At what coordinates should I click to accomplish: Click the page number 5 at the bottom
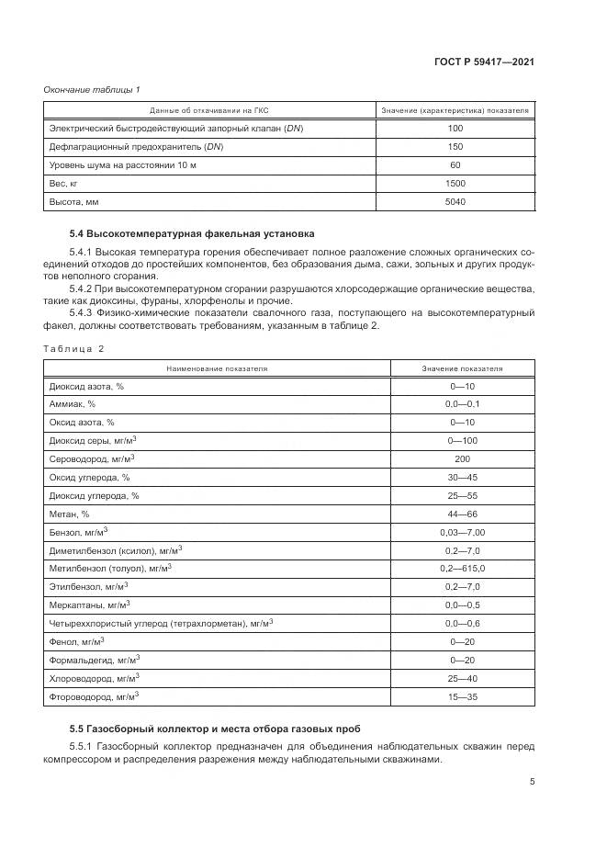pyautogui.click(x=532, y=783)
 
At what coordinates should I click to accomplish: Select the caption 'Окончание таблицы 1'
pyautogui.click(x=92, y=89)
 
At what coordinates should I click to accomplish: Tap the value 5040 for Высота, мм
pyautogui.click(x=455, y=201)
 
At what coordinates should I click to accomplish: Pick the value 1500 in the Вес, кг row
pyautogui.click(x=455, y=183)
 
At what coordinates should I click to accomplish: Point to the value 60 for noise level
pyautogui.click(x=455, y=165)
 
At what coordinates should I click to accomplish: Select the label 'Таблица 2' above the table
pyautogui.click(x=74, y=348)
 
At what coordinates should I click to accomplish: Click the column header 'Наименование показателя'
pyautogui.click(x=217, y=368)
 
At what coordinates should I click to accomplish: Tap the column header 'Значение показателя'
pyautogui.click(x=462, y=368)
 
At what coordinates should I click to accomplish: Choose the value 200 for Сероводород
pyautogui.click(x=462, y=458)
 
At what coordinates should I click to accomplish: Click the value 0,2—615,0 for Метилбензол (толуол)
pyautogui.click(x=462, y=568)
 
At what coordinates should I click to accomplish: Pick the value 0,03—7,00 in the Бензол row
pyautogui.click(x=462, y=532)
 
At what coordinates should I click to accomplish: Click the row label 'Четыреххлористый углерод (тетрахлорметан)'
pyautogui.click(x=158, y=623)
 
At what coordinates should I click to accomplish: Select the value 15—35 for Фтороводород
pyautogui.click(x=462, y=696)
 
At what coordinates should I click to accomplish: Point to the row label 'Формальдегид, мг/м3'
pyautogui.click(x=94, y=660)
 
